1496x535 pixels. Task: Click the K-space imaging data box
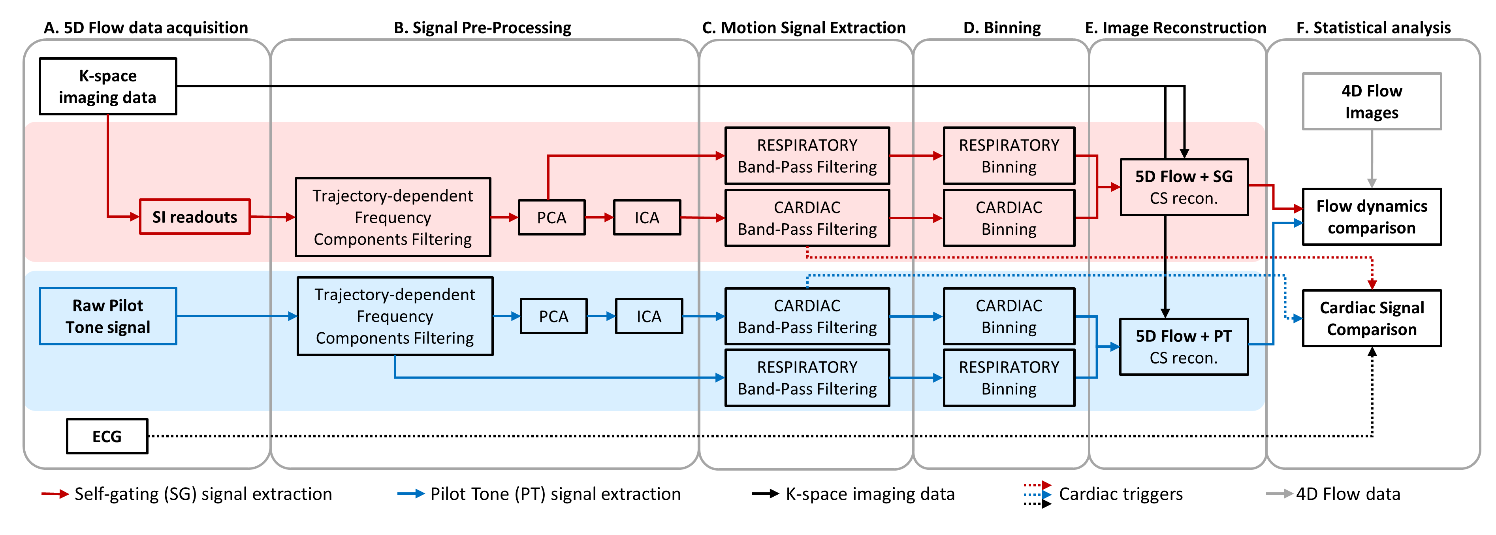click(108, 87)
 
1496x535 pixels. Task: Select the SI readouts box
click(194, 217)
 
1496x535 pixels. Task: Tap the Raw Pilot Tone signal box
click(108, 316)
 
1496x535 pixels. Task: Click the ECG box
click(107, 436)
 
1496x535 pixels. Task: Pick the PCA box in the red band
click(551, 217)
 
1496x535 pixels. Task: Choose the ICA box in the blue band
click(649, 316)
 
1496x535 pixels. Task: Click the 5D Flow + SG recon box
click(1184, 187)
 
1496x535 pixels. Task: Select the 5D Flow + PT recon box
click(1184, 347)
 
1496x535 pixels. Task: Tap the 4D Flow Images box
click(1371, 102)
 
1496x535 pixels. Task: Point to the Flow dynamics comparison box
click(1371, 217)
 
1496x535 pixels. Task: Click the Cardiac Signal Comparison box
click(1371, 318)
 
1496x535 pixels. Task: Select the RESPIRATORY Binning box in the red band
click(1009, 156)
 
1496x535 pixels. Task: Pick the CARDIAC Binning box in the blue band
click(1009, 316)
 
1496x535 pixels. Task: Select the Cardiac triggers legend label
click(1120, 494)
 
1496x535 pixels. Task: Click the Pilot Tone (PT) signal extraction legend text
click(555, 494)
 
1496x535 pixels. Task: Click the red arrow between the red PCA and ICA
click(599, 217)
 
